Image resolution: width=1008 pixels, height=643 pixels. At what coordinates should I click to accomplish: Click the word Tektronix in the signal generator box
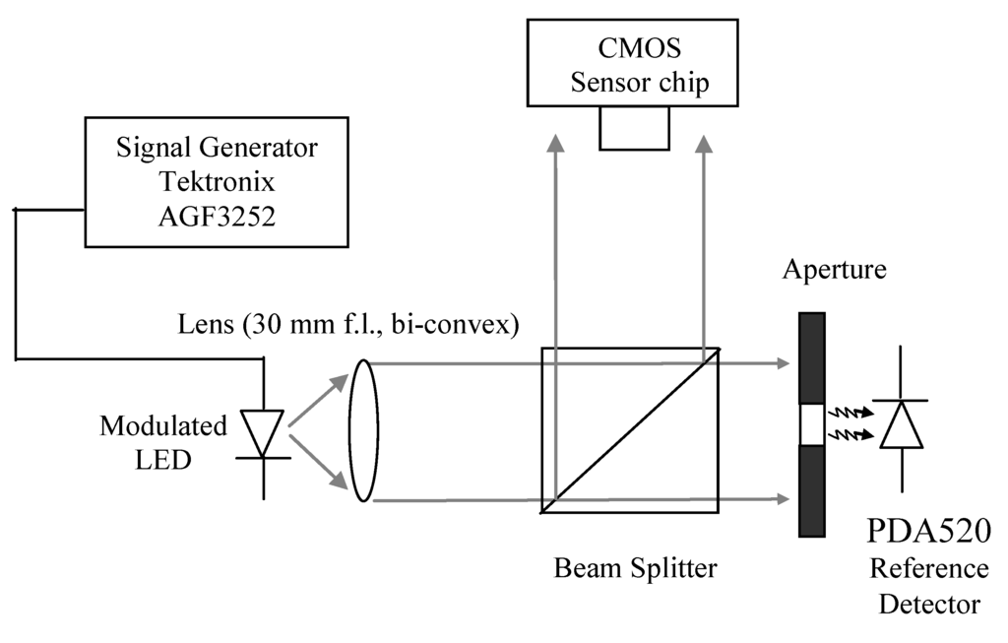(x=217, y=182)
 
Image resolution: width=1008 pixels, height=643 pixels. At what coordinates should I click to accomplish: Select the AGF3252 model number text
(x=217, y=216)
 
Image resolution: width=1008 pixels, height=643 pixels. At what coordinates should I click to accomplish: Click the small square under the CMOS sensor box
(x=634, y=128)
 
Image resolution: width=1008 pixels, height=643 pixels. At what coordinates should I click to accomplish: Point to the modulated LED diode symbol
(x=263, y=433)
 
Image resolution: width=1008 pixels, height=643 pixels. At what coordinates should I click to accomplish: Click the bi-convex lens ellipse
(x=361, y=431)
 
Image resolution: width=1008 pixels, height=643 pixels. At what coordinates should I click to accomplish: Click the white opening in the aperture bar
(x=811, y=424)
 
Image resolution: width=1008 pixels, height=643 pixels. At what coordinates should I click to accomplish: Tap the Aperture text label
(x=834, y=268)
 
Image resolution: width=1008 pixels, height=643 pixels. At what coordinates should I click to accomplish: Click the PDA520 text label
(x=928, y=532)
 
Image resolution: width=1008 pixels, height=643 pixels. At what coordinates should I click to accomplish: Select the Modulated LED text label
(x=163, y=443)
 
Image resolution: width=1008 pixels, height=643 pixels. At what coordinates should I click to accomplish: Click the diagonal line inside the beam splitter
(x=631, y=430)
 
